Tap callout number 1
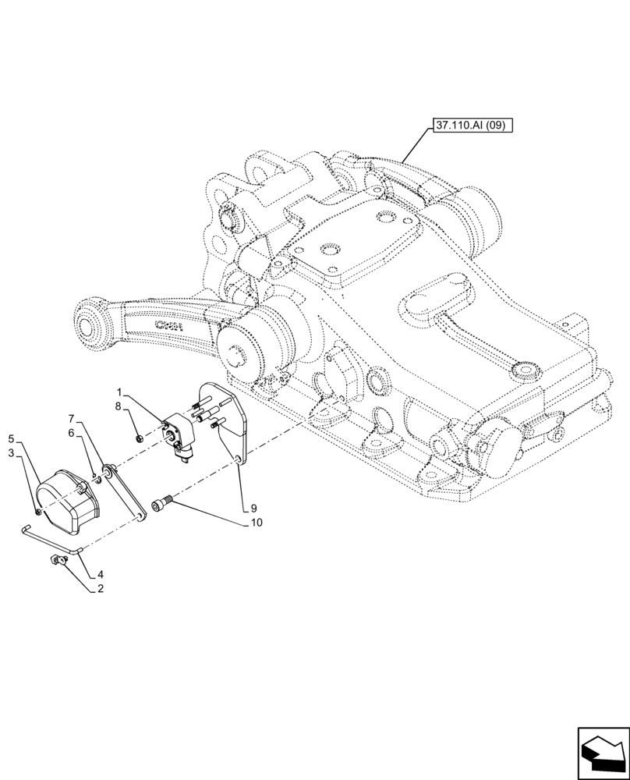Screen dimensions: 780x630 tap(119, 391)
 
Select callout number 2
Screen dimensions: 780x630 tap(100, 590)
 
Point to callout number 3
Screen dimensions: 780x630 tap(11, 453)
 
